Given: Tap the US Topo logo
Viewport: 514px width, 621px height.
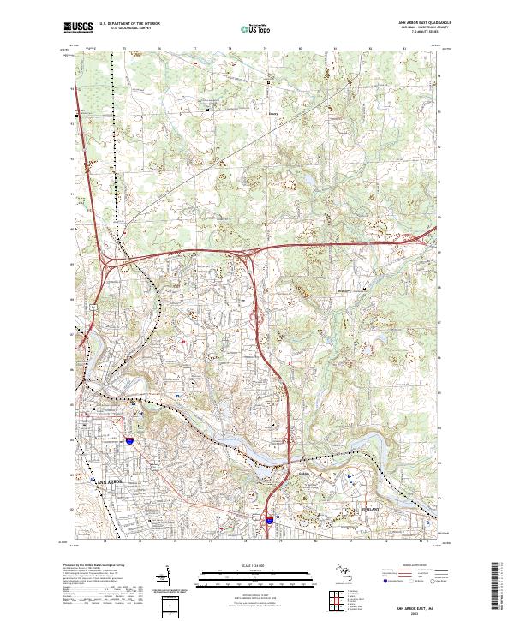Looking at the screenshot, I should (257, 28).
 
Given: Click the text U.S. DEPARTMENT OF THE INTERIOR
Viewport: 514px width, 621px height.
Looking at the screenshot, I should (128, 24).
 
